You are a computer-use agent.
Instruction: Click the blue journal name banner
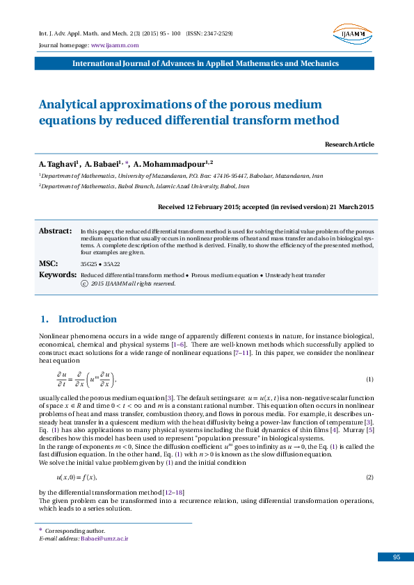click(x=207, y=63)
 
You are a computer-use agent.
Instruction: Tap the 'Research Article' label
click(x=349, y=144)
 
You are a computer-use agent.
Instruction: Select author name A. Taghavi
click(x=59, y=164)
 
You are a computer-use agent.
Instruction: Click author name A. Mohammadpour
click(x=164, y=164)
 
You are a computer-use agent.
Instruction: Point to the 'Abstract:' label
click(x=55, y=231)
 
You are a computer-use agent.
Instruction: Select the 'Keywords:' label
click(x=57, y=275)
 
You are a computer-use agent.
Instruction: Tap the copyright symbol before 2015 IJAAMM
click(x=84, y=283)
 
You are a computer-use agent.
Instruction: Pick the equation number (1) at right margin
click(x=369, y=379)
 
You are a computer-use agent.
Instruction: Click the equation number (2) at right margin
click(x=369, y=477)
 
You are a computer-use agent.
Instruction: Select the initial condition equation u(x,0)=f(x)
click(x=76, y=477)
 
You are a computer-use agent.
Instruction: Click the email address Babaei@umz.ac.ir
click(x=104, y=538)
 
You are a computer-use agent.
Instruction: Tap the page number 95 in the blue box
click(x=396, y=557)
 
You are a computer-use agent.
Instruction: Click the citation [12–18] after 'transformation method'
click(x=173, y=493)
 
